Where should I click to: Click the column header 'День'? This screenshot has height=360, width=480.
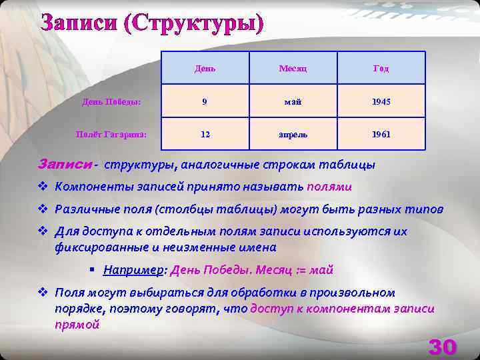click(x=205, y=68)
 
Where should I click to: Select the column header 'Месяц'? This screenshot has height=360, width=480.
click(x=293, y=68)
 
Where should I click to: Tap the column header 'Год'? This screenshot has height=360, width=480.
click(x=381, y=68)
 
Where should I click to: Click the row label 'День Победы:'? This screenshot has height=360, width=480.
click(x=111, y=101)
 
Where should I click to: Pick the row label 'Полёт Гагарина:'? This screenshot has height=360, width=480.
click(x=111, y=134)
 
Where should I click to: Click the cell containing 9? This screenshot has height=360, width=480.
click(x=205, y=101)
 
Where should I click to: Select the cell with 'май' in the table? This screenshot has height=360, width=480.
click(x=293, y=101)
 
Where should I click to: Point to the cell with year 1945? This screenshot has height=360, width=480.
click(x=381, y=101)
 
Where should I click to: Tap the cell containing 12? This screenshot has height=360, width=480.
click(x=205, y=134)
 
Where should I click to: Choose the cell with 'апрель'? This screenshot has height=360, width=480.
click(x=293, y=134)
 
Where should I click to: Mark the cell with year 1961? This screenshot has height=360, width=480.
click(x=381, y=134)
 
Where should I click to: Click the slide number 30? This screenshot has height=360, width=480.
click(x=442, y=347)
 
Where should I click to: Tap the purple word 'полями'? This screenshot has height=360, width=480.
click(x=330, y=187)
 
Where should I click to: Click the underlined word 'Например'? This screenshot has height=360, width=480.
click(x=134, y=270)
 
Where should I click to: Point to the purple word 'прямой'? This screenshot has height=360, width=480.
click(x=77, y=325)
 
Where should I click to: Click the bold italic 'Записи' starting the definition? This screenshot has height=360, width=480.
click(x=65, y=164)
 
